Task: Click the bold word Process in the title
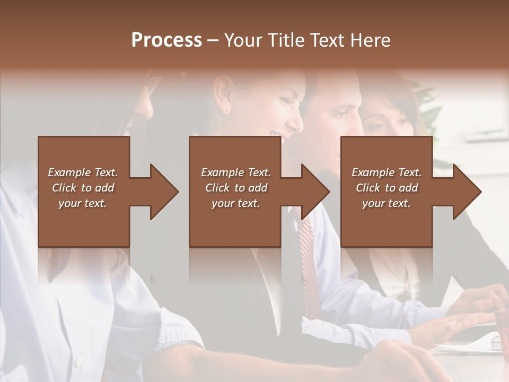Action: coord(166,40)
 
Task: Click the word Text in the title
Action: coord(328,40)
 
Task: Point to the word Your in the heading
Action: coord(243,40)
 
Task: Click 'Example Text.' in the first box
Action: coord(83,172)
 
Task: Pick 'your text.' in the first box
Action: coord(83,203)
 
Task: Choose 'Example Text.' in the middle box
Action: coord(236,172)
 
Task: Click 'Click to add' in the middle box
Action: coord(236,188)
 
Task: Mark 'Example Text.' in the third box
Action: coord(387,172)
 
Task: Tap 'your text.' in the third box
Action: coord(387,203)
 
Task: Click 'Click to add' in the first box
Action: coord(83,188)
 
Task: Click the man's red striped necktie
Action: coord(307,255)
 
